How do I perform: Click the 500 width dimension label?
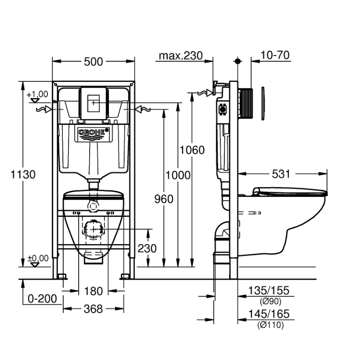[93, 62]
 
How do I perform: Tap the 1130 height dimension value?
[23, 174]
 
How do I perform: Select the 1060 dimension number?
[192, 150]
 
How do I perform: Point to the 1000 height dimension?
[178, 175]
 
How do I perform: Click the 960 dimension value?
[163, 199]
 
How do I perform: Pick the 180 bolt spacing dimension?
[93, 291]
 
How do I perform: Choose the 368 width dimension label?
[93, 309]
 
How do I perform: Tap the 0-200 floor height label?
[42, 299]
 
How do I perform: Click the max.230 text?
[181, 56]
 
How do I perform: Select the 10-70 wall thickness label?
[275, 55]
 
